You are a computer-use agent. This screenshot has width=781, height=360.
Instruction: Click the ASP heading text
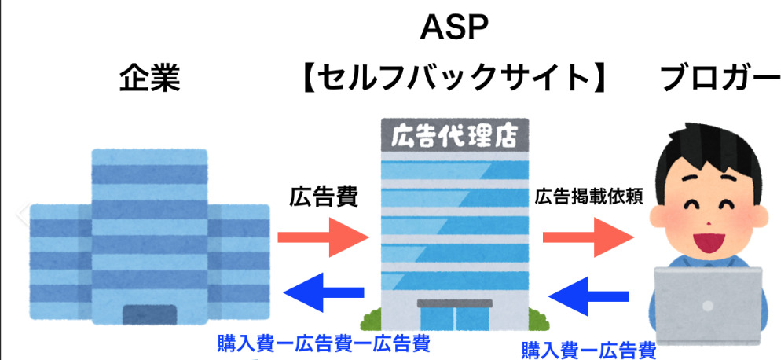pos(455,29)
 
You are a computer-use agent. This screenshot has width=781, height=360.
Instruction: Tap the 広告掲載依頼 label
pos(589,197)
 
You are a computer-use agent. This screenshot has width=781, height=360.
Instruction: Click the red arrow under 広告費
pos(323,235)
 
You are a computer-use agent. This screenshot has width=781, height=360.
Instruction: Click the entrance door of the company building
pos(151,314)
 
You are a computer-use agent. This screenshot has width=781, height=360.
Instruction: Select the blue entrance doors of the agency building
pos(453,317)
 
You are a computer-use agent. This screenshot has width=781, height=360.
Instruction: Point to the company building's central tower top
pos(150,156)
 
